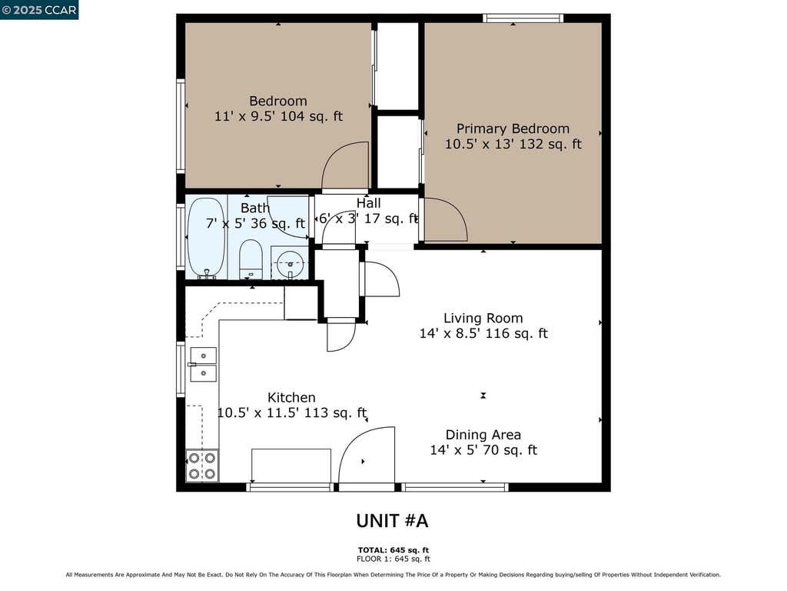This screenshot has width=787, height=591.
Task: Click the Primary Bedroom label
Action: tap(513, 129)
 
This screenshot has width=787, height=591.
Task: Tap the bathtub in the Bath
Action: tap(206, 237)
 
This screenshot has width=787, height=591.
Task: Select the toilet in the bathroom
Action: tap(251, 259)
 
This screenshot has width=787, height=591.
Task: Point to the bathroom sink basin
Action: tap(290, 264)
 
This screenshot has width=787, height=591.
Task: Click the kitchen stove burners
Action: tap(202, 466)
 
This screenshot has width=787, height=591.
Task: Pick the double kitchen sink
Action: tap(203, 364)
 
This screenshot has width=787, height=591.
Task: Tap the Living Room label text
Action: tap(483, 318)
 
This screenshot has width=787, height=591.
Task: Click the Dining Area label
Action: tap(483, 435)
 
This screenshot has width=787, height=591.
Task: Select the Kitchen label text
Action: tap(291, 398)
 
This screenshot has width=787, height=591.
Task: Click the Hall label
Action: tap(368, 203)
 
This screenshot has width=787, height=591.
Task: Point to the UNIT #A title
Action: tap(392, 521)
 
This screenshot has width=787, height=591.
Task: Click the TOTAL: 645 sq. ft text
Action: tap(393, 550)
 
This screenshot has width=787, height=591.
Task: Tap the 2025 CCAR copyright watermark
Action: tap(39, 9)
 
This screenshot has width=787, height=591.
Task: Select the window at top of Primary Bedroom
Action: tap(523, 18)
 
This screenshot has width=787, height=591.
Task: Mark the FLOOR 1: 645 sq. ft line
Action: tap(393, 559)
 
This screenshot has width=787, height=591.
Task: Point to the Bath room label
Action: tap(255, 208)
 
